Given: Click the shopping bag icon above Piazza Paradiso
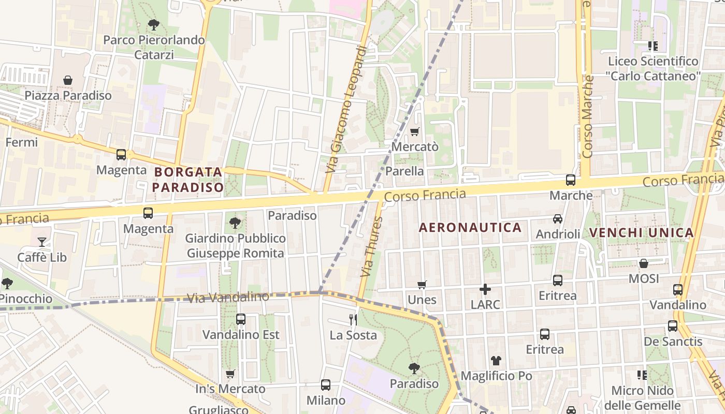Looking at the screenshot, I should coord(68,80).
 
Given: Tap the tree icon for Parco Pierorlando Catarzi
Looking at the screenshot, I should coord(153,24).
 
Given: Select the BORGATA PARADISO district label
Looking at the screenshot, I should coord(188,179).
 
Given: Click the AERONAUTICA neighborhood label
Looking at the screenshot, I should coord(470,228).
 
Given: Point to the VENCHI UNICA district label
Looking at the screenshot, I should coord(642,233).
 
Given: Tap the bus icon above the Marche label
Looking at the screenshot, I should coord(571,180).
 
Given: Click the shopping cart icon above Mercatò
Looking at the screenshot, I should coord(414,131).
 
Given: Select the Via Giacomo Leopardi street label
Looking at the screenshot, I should coord(347,110).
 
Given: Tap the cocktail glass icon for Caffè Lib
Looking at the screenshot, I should coord(42,242).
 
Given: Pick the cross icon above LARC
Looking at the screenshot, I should coord(485,289).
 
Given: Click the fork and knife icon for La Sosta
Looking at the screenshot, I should coord(353,319).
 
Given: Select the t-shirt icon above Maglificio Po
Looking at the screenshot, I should coord(496,360).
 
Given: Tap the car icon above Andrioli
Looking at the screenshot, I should coord(558,218).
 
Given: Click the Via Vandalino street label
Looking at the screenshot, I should coord(228,297).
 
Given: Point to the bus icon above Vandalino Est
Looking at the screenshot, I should coord(241,319).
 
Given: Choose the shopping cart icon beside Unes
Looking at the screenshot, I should coord(422,285).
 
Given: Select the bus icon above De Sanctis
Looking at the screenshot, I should coord(673,326).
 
